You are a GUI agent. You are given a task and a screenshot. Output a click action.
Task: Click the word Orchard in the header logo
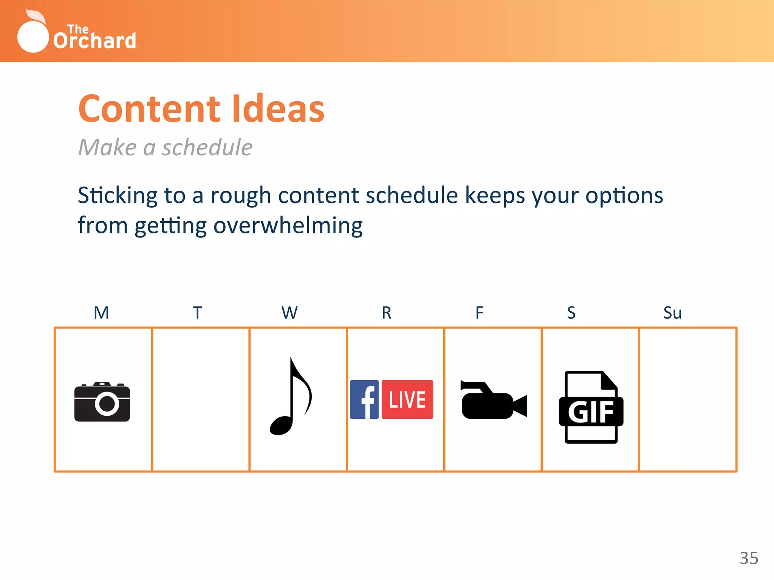94,41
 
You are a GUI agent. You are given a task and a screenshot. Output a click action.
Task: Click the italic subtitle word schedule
207,147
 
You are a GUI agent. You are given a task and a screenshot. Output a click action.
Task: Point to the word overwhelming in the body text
288,226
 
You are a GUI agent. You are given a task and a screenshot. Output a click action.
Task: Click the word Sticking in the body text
118,196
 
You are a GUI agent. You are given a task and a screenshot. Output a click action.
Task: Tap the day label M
101,313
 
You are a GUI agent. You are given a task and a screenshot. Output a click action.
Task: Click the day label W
289,313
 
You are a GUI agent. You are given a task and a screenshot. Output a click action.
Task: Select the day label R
386,313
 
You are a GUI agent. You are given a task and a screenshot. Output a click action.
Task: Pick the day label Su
672,313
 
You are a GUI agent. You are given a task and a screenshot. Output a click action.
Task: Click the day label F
479,313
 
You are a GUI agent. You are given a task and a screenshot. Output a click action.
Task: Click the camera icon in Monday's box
102,402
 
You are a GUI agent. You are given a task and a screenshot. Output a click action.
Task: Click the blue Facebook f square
364,400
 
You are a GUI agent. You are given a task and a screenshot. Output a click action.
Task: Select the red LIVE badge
407,400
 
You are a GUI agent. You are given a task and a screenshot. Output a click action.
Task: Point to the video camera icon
493,401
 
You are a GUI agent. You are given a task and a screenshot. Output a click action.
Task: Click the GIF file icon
591,407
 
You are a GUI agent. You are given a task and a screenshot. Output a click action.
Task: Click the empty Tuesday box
201,400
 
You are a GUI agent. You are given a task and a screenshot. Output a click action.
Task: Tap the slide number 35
749,558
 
